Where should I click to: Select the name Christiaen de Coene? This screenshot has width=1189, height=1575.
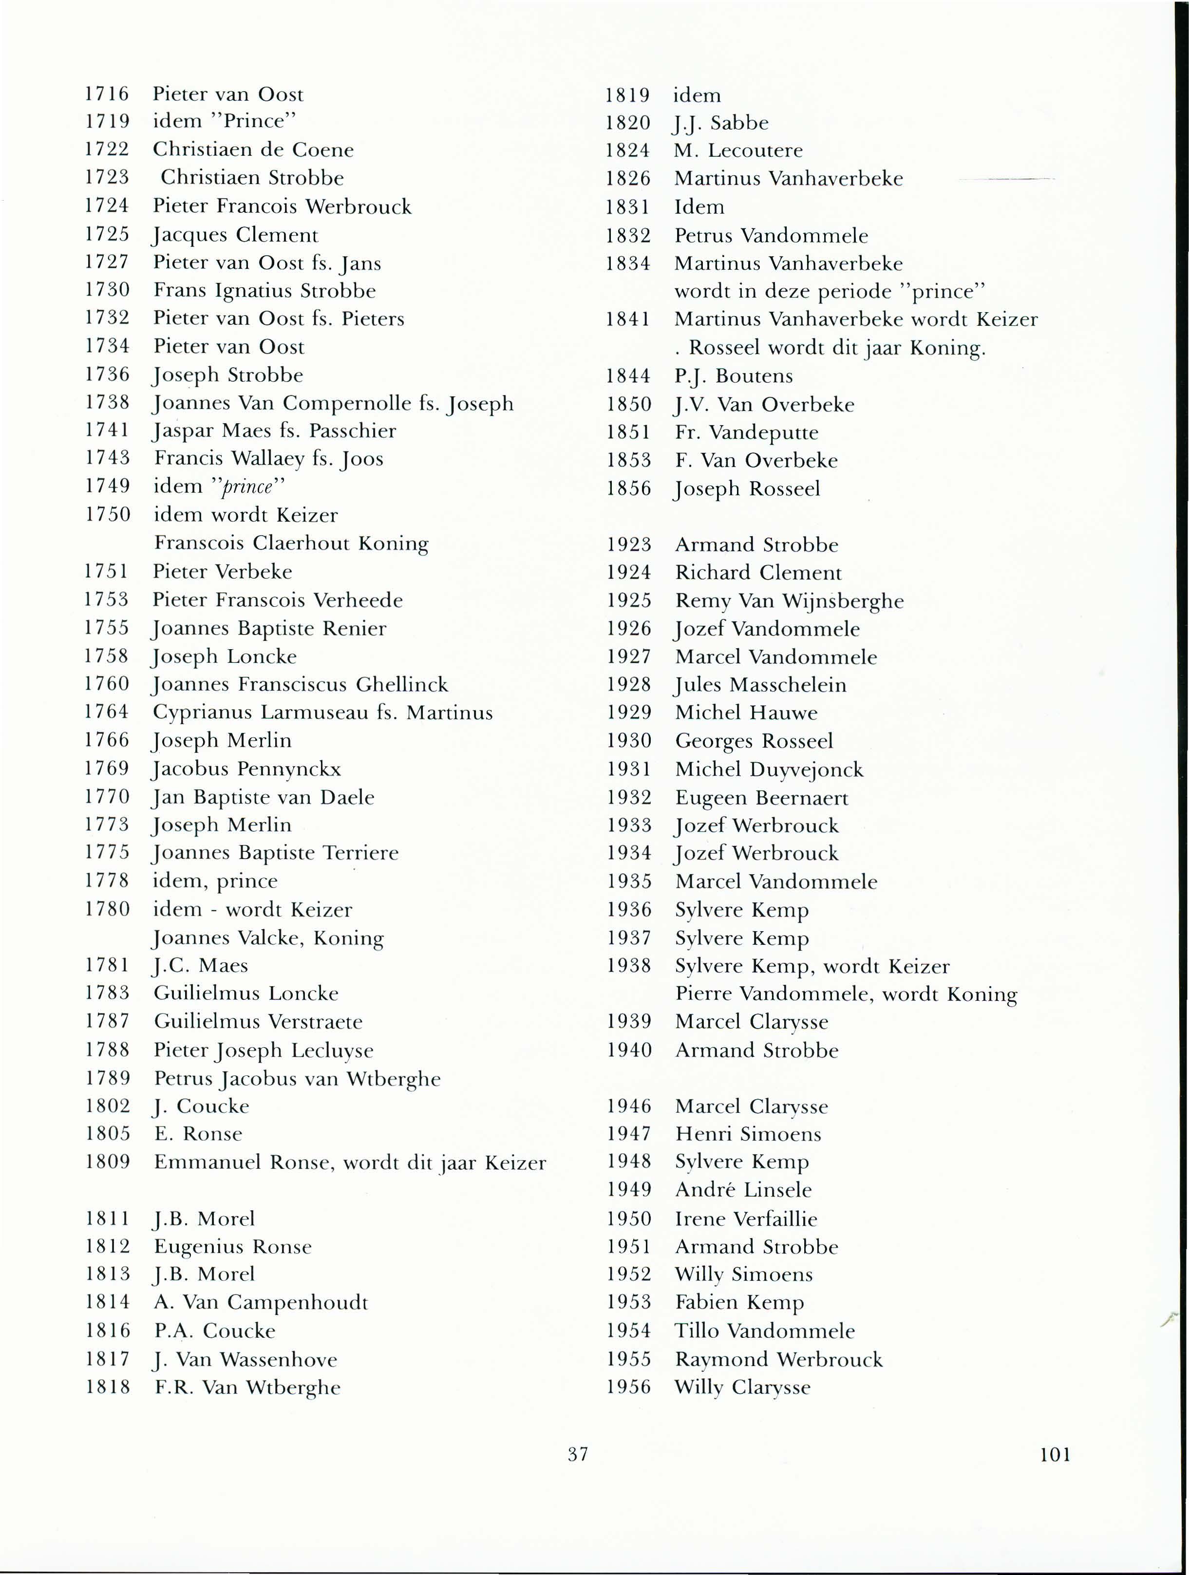253,150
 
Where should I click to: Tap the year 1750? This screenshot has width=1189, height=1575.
108,514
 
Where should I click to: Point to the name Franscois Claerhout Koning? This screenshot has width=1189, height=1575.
291,544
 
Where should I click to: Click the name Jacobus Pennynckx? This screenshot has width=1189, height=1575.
247,769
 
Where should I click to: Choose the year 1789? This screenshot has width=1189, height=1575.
108,1078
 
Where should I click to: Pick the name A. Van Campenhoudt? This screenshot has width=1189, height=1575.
261,1302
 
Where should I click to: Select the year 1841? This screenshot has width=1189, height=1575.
628,319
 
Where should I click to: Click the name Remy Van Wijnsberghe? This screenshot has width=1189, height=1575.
789,601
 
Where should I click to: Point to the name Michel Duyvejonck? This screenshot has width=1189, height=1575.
769,769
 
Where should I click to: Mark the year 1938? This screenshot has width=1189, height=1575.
629,966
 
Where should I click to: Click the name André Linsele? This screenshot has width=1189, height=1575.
743,1190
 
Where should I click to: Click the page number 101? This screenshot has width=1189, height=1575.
1055,1454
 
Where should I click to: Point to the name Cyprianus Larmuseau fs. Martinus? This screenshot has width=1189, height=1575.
322,712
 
